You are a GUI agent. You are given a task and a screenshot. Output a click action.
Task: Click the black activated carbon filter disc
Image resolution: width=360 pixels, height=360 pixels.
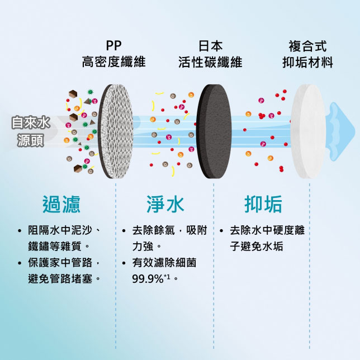[214, 131]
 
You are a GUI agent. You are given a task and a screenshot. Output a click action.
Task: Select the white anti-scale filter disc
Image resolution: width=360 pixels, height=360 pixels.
[308, 131]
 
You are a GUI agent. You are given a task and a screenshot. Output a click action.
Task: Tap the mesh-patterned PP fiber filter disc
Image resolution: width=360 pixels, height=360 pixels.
[116, 131]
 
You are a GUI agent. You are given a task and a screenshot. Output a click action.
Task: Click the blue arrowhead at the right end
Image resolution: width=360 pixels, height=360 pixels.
[342, 131]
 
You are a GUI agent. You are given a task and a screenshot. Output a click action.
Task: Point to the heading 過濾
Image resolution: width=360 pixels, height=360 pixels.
[61, 204]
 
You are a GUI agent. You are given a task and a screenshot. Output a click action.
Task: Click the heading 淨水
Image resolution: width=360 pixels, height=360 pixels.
[165, 204]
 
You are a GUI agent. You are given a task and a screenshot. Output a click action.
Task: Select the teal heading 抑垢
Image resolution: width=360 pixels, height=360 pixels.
[263, 204]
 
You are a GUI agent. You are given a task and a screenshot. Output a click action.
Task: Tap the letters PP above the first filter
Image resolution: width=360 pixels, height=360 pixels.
[113, 46]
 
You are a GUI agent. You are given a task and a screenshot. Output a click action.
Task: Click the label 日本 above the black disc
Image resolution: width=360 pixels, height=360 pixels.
[211, 46]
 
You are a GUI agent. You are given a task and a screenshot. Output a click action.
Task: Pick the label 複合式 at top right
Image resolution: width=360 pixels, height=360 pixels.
[307, 46]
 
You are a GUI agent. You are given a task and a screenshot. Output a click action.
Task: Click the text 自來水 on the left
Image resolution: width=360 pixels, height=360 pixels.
[31, 122]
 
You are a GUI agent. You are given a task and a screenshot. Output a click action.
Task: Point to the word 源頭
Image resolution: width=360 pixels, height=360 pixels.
[31, 140]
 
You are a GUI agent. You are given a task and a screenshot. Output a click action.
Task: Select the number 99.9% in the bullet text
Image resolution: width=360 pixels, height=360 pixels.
[148, 279]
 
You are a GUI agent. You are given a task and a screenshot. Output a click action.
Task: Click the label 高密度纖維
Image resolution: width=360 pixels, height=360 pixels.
[114, 61]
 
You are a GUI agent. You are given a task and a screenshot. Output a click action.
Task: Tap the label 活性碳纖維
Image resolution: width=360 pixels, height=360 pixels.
[210, 62]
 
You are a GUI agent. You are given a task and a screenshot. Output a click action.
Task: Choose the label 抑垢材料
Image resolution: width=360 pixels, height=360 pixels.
[307, 62]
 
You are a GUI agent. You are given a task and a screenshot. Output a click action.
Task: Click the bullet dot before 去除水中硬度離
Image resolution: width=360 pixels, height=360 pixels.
[221, 230]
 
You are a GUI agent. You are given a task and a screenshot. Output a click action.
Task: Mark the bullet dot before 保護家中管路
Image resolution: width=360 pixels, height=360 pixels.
[20, 263]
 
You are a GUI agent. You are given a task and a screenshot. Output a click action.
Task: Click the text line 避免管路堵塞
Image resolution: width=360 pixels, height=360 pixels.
[60, 279]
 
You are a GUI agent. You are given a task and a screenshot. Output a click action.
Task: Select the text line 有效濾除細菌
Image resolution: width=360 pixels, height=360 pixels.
[164, 263]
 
